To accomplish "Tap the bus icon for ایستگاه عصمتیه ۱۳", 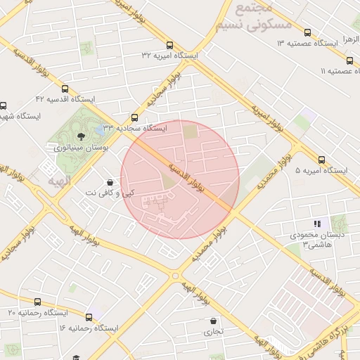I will [x=307, y=32].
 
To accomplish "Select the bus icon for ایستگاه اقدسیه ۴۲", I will [x=65, y=89].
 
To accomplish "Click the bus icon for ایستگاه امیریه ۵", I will [x=322, y=160].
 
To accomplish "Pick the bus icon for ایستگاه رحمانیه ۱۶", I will [x=89, y=317].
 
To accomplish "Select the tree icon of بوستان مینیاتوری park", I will [x=80, y=136].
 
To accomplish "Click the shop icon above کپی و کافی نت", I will [x=110, y=181].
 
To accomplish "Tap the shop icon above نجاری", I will [x=212, y=321].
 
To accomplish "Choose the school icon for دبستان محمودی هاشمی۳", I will [x=317, y=224].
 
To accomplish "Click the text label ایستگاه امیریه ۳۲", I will [x=169, y=55].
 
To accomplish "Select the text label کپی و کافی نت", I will [x=110, y=192].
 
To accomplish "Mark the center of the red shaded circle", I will [x=180, y=179].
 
